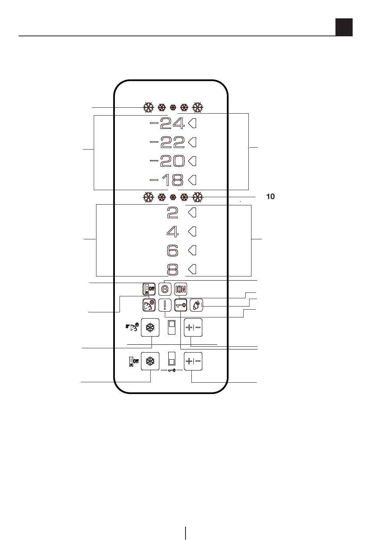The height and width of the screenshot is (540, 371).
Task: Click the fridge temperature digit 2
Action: [173, 213]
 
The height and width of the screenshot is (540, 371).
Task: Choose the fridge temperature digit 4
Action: [173, 232]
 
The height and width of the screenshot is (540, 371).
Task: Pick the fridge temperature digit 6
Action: [173, 250]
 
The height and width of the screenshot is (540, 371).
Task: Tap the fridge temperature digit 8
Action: [173, 269]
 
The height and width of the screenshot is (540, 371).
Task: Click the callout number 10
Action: [270, 197]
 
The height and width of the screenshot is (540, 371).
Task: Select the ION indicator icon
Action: [180, 289]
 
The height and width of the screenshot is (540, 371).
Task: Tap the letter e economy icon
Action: [165, 289]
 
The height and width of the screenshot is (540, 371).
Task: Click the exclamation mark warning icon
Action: [165, 305]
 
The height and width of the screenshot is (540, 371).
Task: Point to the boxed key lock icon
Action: [180, 305]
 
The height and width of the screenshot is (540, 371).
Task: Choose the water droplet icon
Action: [196, 305]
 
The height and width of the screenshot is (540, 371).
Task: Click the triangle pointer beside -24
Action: [193, 123]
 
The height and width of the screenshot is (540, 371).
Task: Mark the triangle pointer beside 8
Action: [193, 269]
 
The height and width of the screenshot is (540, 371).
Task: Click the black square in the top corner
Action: [344, 27]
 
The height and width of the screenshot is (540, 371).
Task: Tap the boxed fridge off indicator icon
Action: [149, 289]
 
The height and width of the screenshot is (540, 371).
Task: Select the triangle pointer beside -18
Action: [193, 180]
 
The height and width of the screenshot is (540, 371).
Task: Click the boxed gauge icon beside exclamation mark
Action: [149, 305]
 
